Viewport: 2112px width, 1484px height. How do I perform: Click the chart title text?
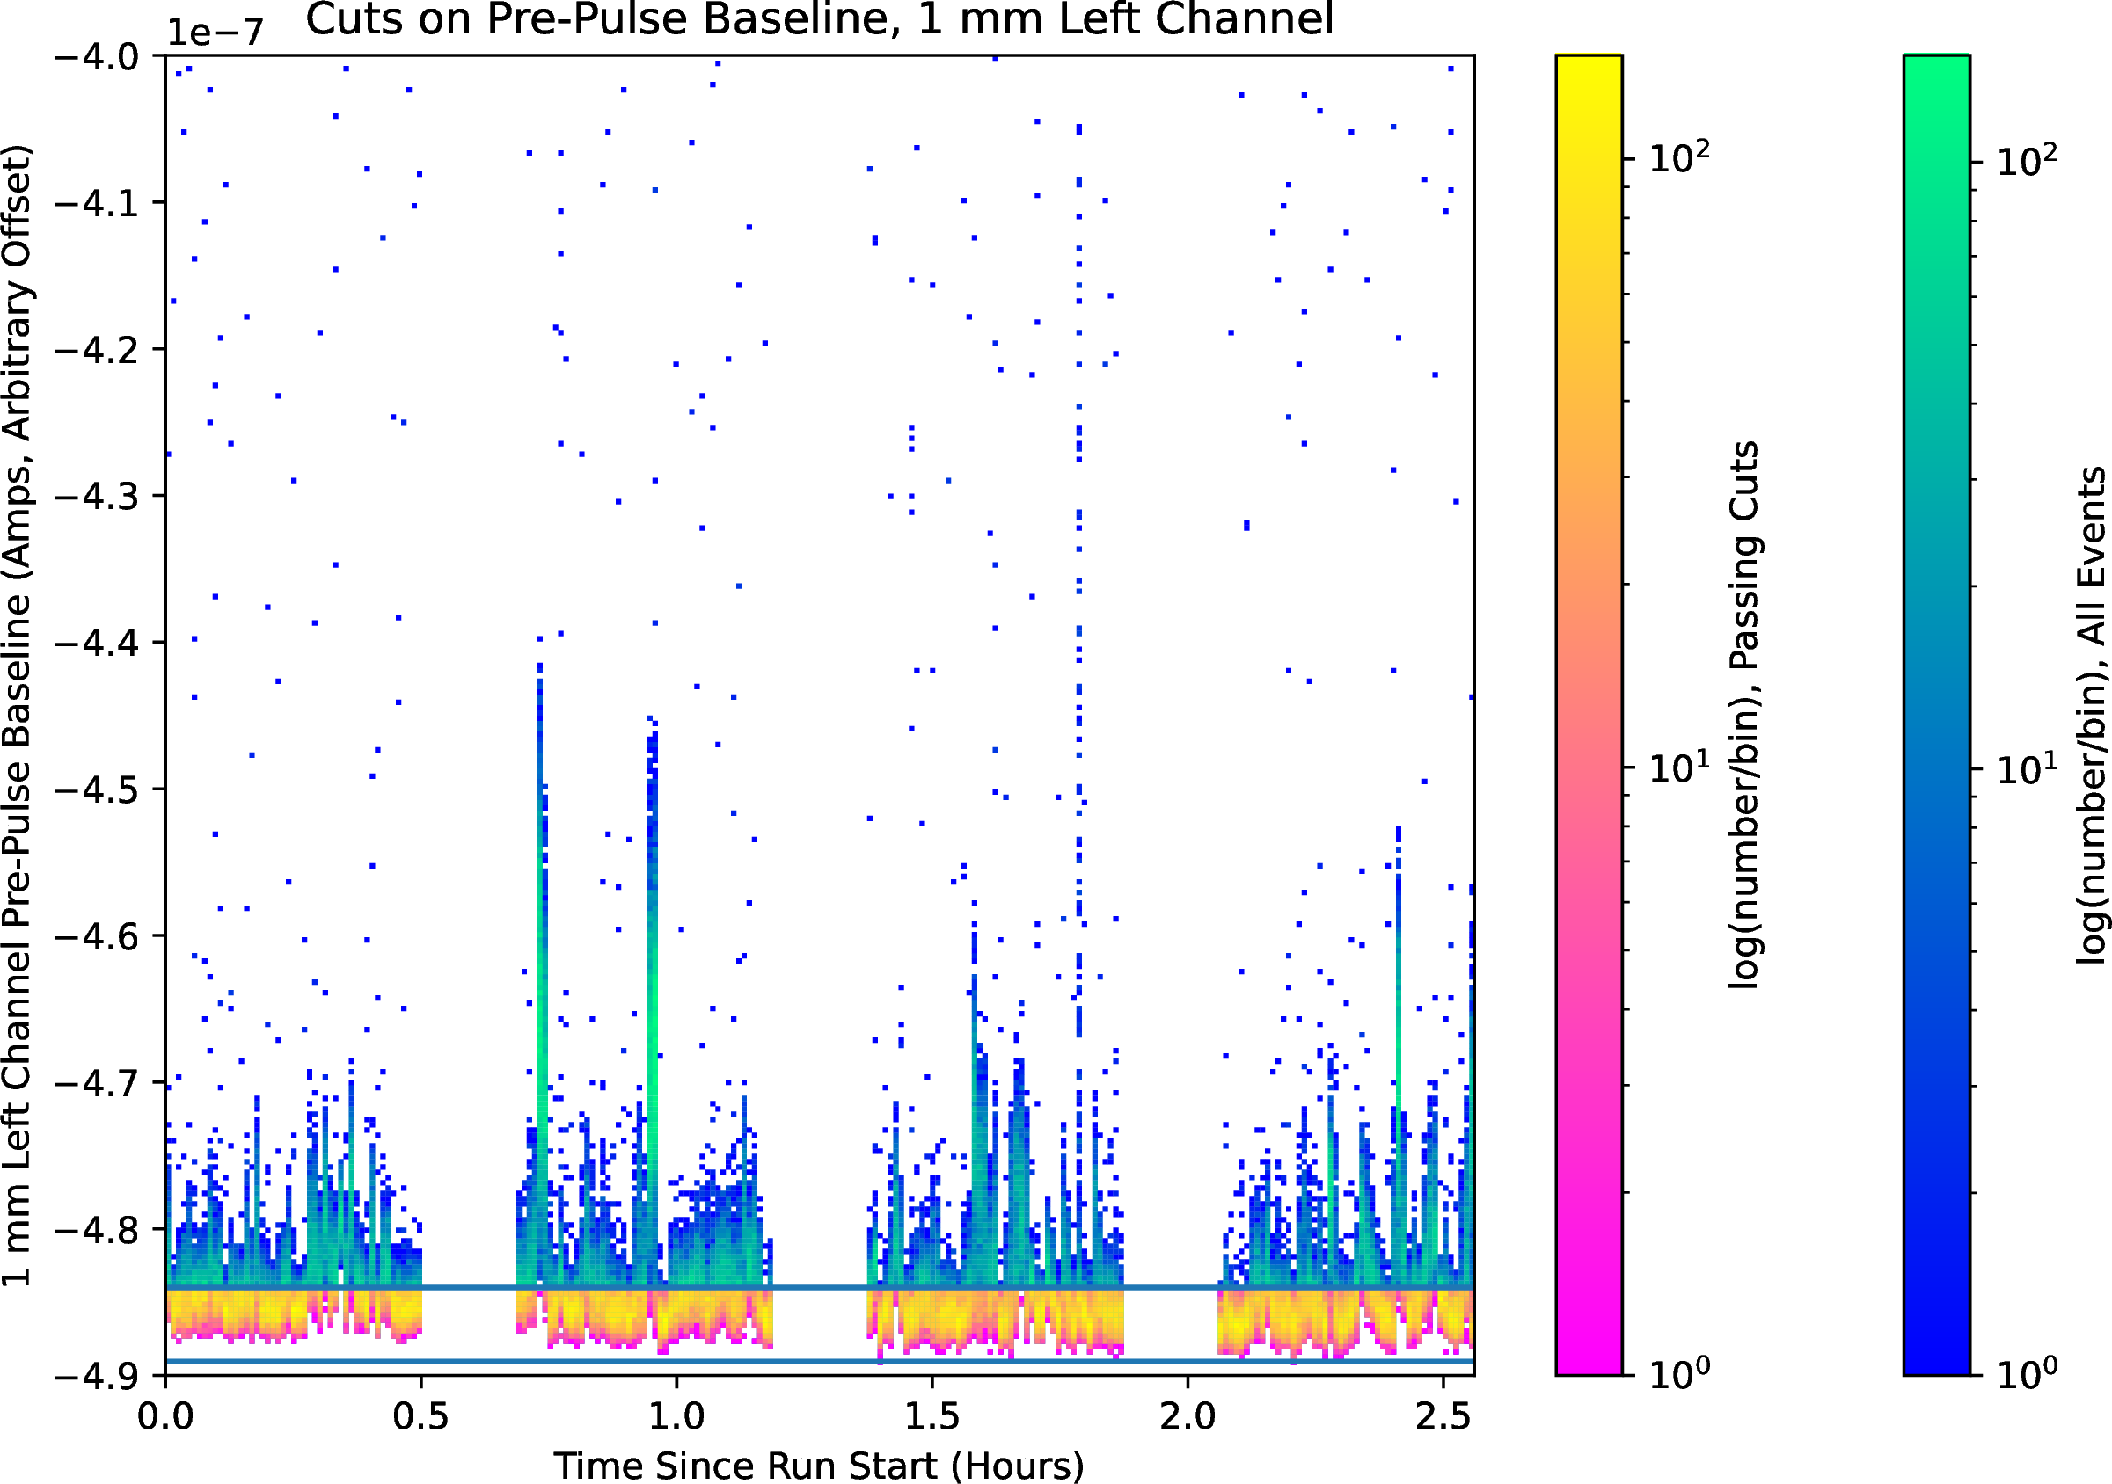coord(819,20)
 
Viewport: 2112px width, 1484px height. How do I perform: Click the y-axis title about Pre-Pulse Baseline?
coord(18,716)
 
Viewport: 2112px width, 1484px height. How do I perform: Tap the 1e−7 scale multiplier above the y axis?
coord(215,33)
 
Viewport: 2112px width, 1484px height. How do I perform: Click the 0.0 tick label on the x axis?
coord(165,1416)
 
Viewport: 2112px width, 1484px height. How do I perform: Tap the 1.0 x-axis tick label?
coord(676,1416)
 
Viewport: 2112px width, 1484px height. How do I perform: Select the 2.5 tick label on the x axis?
coord(1443,1416)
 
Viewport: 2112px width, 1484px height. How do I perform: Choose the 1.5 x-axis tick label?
coord(932,1416)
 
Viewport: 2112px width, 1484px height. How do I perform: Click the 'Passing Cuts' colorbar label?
coord(1744,716)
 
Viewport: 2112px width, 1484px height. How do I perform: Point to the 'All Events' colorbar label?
coord(2092,716)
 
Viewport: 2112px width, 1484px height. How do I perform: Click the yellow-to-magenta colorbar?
coord(1589,716)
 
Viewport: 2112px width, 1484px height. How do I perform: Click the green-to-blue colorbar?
coord(1936,716)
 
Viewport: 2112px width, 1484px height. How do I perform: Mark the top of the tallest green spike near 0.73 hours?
coord(540,664)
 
